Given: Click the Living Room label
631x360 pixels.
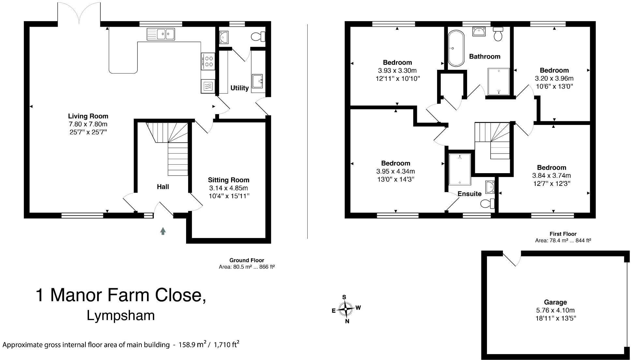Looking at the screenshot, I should click(x=88, y=116).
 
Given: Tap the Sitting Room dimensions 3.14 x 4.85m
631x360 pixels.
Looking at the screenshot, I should click(x=228, y=188).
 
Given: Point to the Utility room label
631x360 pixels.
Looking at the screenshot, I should click(x=239, y=88).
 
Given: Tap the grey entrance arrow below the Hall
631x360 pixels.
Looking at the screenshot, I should click(x=163, y=231).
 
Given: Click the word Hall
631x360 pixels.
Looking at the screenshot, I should click(x=163, y=187).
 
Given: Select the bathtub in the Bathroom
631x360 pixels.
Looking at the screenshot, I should click(x=456, y=48).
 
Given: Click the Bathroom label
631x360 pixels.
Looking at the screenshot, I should click(x=484, y=57).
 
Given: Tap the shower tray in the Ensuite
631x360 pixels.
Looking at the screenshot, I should click(x=460, y=169).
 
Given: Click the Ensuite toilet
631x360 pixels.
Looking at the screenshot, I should click(x=487, y=203).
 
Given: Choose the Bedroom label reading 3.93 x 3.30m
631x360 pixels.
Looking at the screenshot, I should click(x=397, y=63).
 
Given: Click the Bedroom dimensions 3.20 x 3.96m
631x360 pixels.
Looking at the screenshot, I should click(x=554, y=79).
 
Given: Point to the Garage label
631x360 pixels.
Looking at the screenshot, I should click(x=555, y=302).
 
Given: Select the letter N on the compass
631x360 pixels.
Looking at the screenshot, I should click(x=347, y=321).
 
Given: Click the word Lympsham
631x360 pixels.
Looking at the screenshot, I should click(x=121, y=316).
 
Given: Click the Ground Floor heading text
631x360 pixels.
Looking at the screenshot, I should click(x=246, y=260).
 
